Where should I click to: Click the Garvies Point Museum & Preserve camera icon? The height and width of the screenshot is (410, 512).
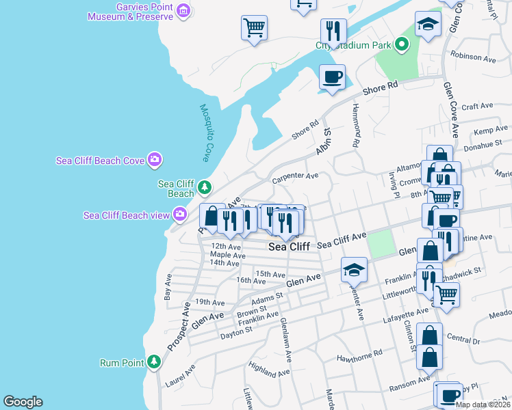point(183,10)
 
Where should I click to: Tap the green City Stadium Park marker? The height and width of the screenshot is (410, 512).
point(402,46)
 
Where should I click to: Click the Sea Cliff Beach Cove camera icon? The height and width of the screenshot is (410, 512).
point(155,160)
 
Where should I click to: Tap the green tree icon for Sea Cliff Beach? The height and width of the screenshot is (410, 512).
point(204,187)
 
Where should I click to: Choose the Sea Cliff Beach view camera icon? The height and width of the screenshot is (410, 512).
point(180,215)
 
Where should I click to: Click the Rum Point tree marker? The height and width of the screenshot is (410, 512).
point(155,362)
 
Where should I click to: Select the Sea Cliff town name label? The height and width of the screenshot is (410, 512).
point(289,247)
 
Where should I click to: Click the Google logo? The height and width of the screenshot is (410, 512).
point(23,402)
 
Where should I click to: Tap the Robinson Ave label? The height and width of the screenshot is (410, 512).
point(472,59)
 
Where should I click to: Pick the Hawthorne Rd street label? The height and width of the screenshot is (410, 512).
point(359,357)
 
